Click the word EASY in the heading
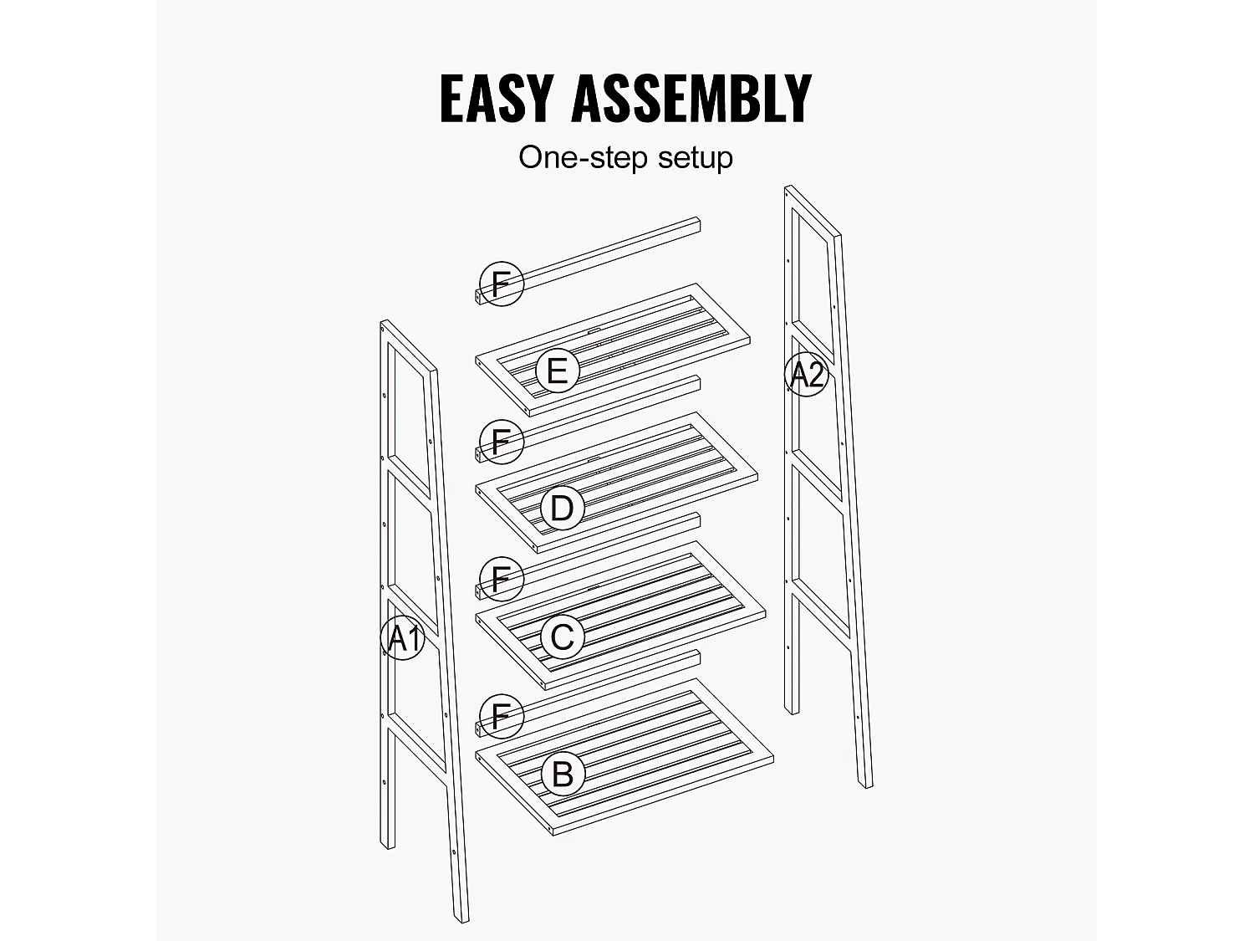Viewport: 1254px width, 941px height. click(x=497, y=99)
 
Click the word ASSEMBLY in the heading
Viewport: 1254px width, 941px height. click(x=691, y=99)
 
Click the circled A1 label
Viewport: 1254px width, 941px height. click(x=404, y=638)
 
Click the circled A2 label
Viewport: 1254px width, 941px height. click(x=807, y=375)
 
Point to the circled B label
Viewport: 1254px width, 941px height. click(x=562, y=774)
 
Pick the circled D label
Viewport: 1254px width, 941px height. click(x=561, y=508)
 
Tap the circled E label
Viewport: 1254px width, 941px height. click(x=557, y=371)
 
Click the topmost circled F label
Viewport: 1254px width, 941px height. click(x=502, y=284)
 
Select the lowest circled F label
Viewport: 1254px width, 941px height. click(x=501, y=716)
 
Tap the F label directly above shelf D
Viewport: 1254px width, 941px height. click(x=502, y=441)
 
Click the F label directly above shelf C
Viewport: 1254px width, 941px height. click(x=501, y=578)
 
